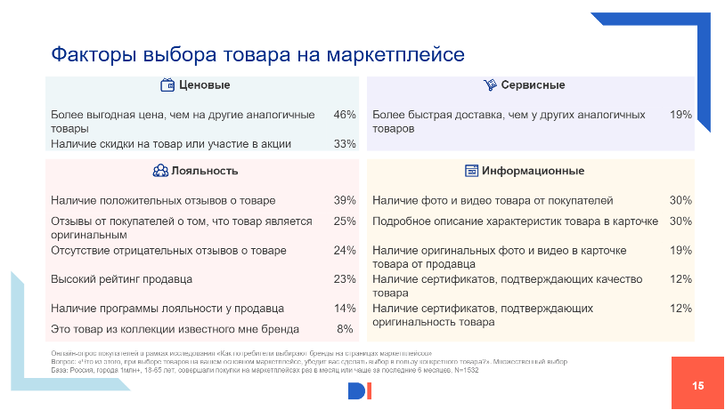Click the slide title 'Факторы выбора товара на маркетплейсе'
[257, 54]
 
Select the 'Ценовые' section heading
[205, 85]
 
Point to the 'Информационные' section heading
[533, 171]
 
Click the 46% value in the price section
[345, 115]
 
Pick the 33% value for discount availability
[345, 143]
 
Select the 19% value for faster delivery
[680, 115]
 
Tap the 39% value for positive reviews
[345, 200]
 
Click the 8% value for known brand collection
[346, 329]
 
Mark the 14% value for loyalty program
[345, 309]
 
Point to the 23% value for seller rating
[345, 279]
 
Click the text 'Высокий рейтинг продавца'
[122, 279]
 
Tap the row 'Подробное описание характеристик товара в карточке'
[515, 221]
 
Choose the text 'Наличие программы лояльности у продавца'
[167, 309]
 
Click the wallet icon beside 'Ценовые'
[167, 85]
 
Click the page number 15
[697, 385]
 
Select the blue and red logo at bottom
[361, 390]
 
